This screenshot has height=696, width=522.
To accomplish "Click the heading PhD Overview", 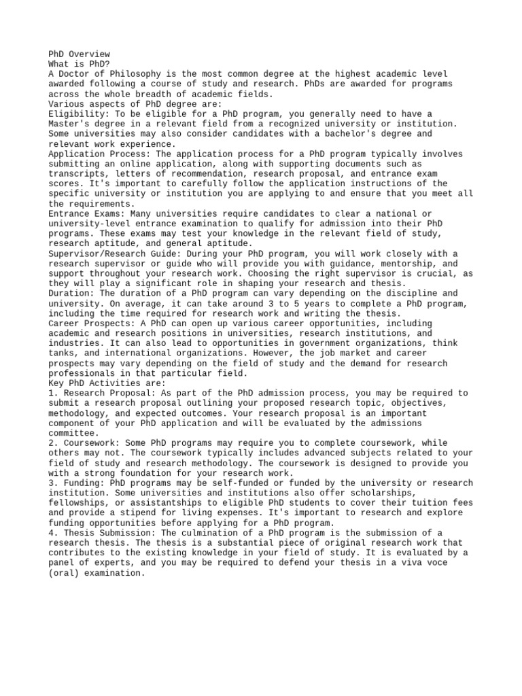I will point(79,54).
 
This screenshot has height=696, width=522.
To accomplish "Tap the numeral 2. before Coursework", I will point(54,442).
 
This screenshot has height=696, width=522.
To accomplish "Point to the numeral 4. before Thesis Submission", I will point(54,532).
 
